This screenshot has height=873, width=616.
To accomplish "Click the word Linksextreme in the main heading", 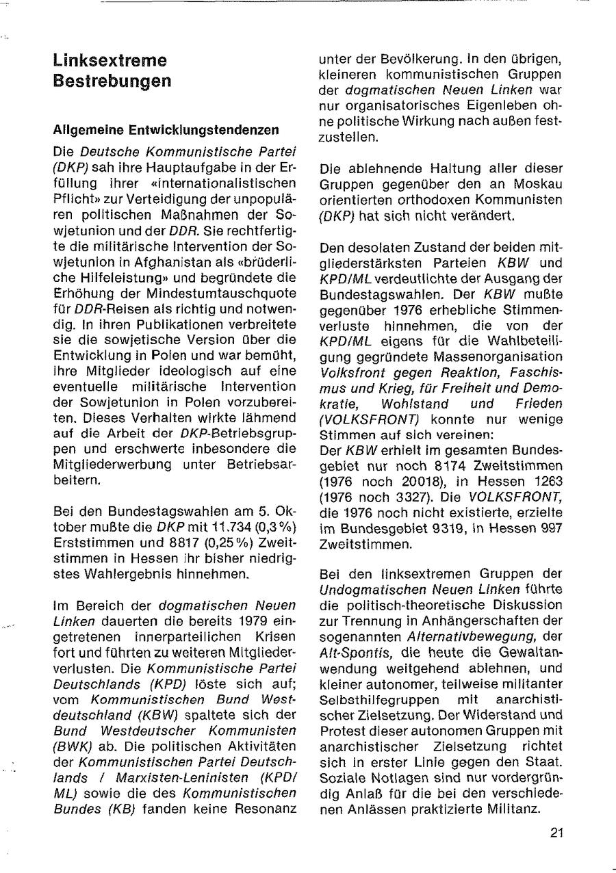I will click(110, 60).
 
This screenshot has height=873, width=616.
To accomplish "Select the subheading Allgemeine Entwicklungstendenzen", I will click(166, 129).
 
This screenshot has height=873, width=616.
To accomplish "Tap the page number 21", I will click(556, 833).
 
